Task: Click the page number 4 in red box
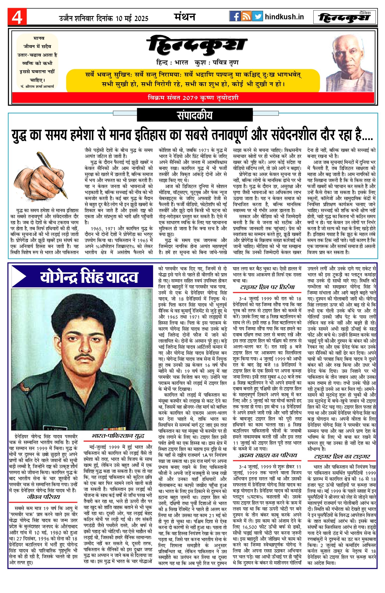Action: (17, 17)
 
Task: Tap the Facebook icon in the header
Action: (235, 17)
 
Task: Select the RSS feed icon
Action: (246, 17)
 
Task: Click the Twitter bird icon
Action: (257, 17)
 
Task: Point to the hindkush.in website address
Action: (284, 17)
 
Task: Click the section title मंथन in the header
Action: (185, 17)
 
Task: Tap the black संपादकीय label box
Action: (195, 115)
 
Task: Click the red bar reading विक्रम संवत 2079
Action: (193, 98)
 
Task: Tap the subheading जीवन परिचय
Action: (44, 497)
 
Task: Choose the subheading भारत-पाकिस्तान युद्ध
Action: (118, 436)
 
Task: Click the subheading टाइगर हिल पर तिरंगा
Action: (267, 287)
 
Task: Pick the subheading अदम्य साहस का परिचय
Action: (267, 455)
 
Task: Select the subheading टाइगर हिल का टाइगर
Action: (342, 456)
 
